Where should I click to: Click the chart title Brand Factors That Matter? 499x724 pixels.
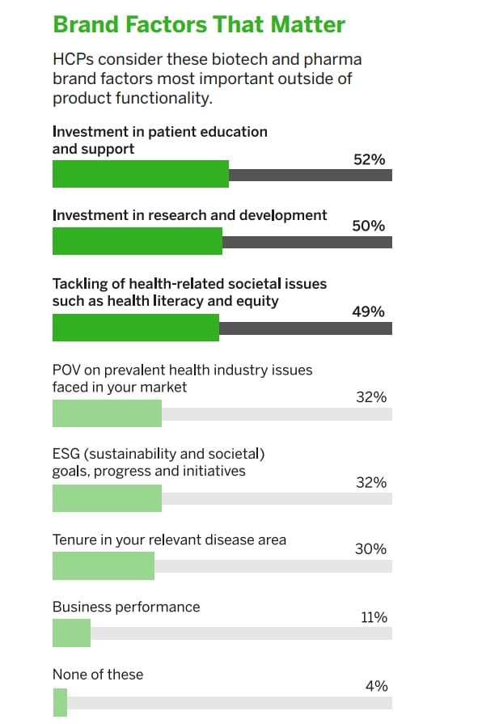(199, 24)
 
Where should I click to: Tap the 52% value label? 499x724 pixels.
(369, 160)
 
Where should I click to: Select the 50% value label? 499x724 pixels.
(369, 227)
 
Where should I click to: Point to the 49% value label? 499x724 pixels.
(369, 311)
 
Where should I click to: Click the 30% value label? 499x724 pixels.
(370, 549)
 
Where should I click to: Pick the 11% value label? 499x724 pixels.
(374, 617)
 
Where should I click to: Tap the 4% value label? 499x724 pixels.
(376, 686)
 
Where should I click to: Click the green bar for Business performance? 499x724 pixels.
(71, 633)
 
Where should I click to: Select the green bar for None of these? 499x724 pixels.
(60, 701)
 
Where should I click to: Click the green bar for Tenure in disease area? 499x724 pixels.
(103, 565)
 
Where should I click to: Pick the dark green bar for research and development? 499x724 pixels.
(137, 242)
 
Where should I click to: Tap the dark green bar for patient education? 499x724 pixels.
(140, 174)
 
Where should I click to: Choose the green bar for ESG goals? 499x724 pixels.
(107, 498)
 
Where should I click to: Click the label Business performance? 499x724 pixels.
(126, 607)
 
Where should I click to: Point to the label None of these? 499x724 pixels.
(98, 674)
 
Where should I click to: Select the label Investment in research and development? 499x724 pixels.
(190, 215)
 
